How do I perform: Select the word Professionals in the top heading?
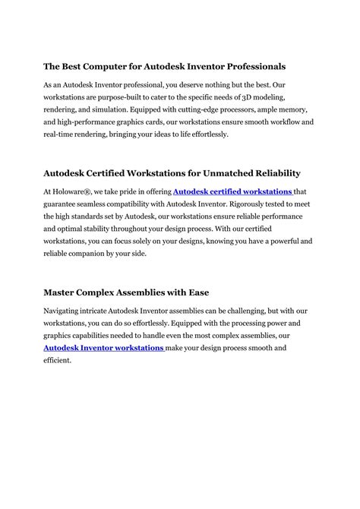[x=247, y=67]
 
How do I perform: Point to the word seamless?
[x=97, y=205]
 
